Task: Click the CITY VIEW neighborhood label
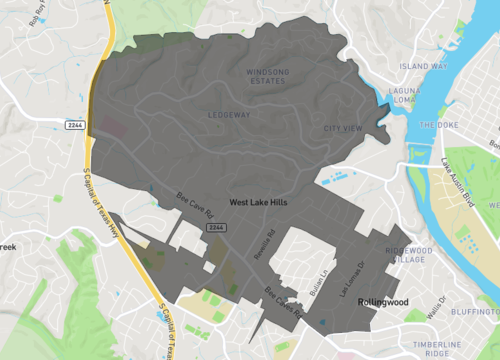[x=342, y=129]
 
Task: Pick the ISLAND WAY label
[x=424, y=66]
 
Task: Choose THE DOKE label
[x=439, y=125]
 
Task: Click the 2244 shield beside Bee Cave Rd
[x=215, y=229]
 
